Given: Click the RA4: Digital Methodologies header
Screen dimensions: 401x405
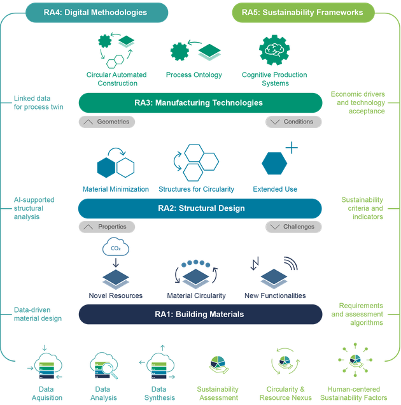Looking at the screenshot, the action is click(x=97, y=12).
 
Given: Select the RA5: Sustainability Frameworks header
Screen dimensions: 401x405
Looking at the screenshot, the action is click(x=303, y=12).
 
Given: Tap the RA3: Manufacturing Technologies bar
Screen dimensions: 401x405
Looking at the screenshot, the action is click(x=200, y=103).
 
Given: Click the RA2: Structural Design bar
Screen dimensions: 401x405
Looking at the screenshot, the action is click(x=200, y=208).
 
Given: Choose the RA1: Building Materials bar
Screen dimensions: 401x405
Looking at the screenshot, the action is click(x=200, y=315).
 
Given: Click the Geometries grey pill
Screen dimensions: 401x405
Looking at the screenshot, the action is click(x=107, y=122).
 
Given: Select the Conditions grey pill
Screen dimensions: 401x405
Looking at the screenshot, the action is click(x=293, y=122).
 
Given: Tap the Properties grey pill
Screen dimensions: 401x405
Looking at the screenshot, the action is click(x=107, y=227).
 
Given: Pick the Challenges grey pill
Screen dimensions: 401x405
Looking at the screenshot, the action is click(x=293, y=227).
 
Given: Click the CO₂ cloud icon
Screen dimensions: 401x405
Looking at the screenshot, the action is click(x=116, y=247).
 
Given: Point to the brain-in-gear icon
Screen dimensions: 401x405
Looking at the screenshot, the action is click(x=274, y=50).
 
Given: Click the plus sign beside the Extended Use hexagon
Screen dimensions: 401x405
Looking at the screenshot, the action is click(x=292, y=148).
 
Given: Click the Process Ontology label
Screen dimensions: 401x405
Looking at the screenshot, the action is click(x=194, y=75).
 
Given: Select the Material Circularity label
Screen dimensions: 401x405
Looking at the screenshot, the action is click(x=196, y=295).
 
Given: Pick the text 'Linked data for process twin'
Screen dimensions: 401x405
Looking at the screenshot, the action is click(x=38, y=103).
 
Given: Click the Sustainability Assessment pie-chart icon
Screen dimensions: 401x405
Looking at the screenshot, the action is click(x=218, y=365).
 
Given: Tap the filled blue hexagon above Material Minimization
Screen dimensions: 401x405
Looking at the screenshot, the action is click(x=106, y=167).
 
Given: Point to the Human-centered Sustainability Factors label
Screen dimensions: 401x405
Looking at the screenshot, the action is click(x=354, y=394).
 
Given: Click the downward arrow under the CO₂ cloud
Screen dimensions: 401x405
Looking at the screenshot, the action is click(x=116, y=262).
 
